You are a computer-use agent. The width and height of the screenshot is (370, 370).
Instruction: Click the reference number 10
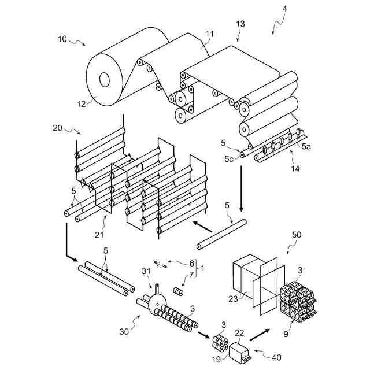click(x=62, y=39)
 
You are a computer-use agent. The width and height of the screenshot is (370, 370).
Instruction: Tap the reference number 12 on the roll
click(x=81, y=104)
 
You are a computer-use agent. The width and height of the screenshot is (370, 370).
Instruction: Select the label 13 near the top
click(x=240, y=24)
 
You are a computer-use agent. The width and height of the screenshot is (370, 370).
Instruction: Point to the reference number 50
click(x=297, y=236)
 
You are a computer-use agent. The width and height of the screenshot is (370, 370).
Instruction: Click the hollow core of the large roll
click(x=105, y=79)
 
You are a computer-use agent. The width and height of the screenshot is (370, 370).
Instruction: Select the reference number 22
click(x=239, y=334)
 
